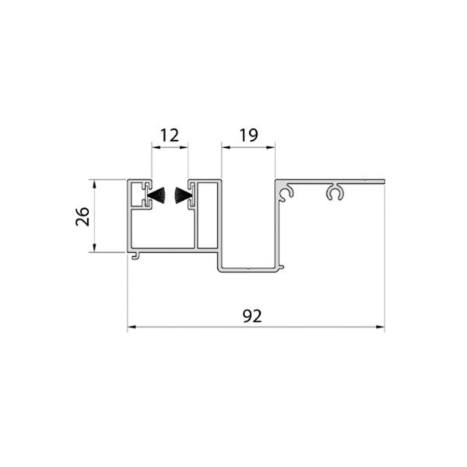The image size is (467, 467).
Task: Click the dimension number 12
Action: click(x=170, y=135)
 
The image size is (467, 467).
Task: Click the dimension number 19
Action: click(x=249, y=135)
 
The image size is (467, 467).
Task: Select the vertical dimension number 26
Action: click(x=83, y=216)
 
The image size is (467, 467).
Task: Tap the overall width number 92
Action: click(x=252, y=316)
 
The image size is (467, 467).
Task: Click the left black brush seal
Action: click(x=156, y=195)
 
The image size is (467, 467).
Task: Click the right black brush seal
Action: click(x=182, y=195)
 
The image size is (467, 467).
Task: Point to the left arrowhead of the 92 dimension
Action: click(x=132, y=327)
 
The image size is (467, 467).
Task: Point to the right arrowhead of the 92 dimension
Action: click(x=381, y=327)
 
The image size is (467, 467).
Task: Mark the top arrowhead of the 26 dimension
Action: click(x=94, y=184)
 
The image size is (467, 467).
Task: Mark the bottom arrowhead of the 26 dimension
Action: click(x=94, y=248)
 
